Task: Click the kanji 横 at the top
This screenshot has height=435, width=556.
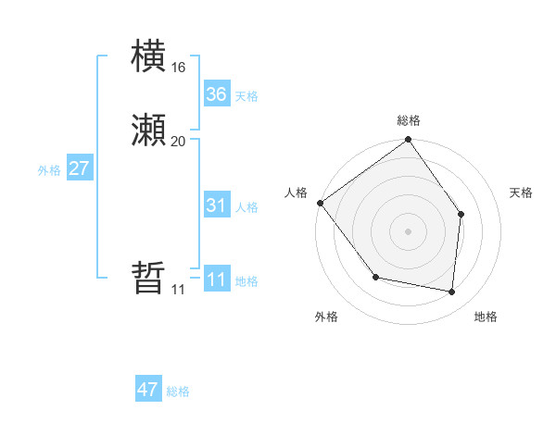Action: pos(149,56)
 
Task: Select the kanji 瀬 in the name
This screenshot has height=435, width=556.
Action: pos(149,130)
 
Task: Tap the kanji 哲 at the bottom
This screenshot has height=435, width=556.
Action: pos(149,279)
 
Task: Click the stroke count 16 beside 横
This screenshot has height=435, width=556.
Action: pos(178,68)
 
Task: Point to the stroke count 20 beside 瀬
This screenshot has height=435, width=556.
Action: pos(178,142)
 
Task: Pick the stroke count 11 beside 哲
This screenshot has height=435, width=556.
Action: pos(178,290)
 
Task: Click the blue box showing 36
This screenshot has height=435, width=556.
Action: pos(217,93)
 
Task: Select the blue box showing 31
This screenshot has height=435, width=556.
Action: pos(217,205)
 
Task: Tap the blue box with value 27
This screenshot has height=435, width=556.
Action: pos(80,168)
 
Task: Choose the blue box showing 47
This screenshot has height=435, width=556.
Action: pos(148,390)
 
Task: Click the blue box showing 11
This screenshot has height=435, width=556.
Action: pos(217,280)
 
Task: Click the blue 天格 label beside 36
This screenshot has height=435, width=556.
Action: pos(246,96)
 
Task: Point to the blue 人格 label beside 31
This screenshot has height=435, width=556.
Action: pos(246,207)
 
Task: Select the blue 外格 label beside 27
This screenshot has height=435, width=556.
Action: pos(49,170)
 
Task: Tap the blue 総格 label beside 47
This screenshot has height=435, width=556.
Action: pos(178,391)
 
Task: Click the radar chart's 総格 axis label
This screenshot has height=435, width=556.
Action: pos(409,120)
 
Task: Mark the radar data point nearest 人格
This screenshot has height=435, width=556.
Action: pos(321,203)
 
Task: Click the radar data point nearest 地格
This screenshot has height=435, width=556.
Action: pos(452,292)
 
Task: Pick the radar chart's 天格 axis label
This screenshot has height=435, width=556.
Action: pos(522,193)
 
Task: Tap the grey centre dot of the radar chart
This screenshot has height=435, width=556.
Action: pos(409,230)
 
